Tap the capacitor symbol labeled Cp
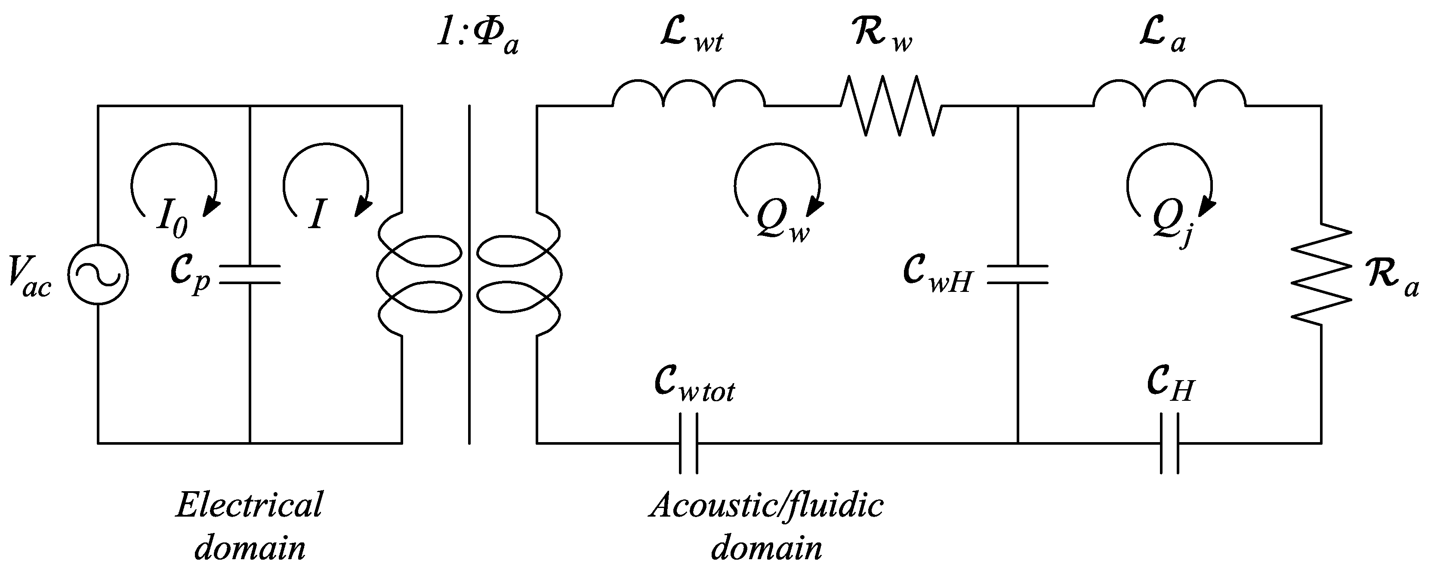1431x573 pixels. click(x=250, y=275)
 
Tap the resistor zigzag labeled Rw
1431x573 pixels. click(x=891, y=105)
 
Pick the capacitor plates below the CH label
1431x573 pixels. click(x=1169, y=443)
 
